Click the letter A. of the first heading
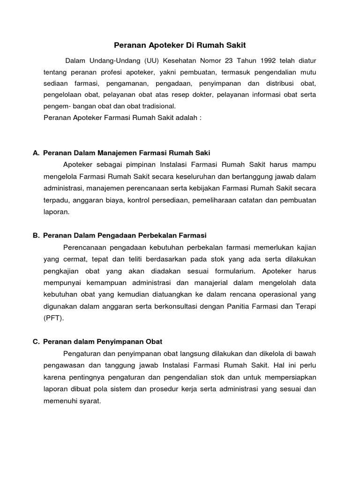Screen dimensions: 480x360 36,153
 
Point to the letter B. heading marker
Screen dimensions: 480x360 36,235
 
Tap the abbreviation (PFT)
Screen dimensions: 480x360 52,318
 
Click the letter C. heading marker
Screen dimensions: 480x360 36,342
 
